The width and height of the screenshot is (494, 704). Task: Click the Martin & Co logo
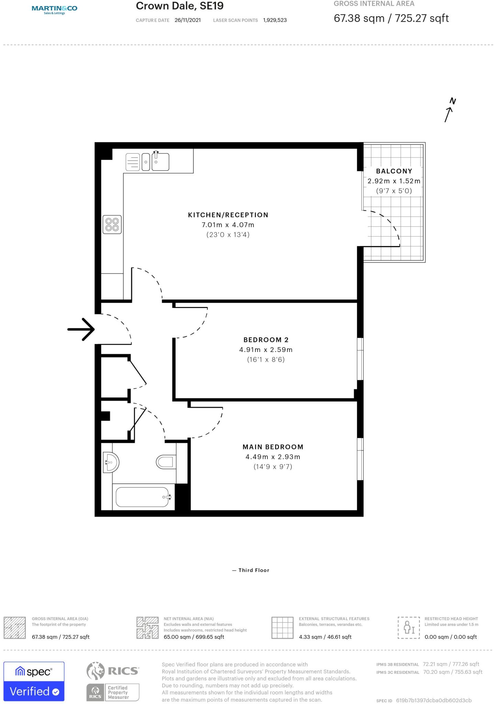point(54,9)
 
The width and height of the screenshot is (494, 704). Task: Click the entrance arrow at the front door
point(81,329)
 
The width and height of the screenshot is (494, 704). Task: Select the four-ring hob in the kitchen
point(112,224)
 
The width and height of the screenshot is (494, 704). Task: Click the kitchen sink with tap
point(160,161)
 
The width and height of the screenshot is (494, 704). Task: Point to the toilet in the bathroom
point(166,462)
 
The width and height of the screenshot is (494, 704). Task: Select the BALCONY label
point(394,171)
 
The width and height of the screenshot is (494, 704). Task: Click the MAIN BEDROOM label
point(273,447)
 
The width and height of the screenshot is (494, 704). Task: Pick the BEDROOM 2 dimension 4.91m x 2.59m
point(266,350)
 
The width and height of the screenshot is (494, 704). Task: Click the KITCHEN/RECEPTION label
point(228,215)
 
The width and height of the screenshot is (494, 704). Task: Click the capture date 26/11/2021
point(187,20)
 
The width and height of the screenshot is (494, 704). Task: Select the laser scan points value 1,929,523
point(275,20)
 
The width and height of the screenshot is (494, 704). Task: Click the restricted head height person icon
point(409,627)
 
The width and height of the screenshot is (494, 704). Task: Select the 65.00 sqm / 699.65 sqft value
point(194,637)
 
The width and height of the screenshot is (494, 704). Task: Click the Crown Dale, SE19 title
point(179,6)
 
